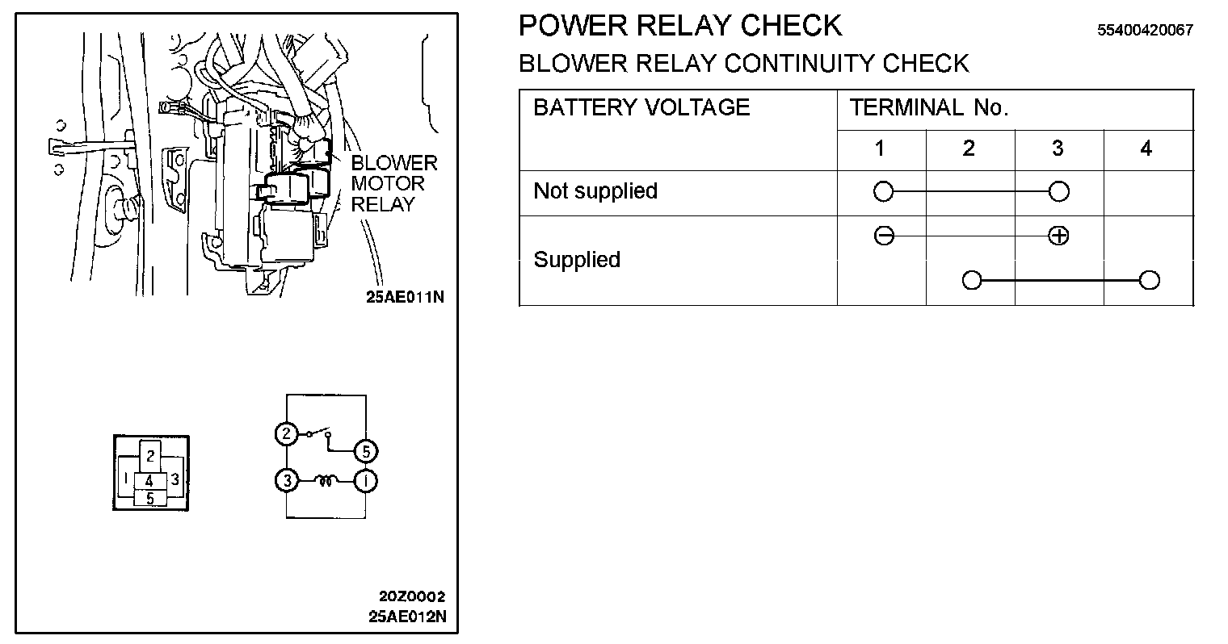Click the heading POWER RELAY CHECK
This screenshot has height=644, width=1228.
[679, 27]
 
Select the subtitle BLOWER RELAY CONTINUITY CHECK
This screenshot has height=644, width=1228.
[742, 64]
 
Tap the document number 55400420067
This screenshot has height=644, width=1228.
[1145, 31]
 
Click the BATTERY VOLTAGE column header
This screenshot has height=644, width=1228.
[641, 108]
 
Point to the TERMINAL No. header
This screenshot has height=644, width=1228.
[929, 108]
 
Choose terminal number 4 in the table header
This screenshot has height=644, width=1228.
[1146, 148]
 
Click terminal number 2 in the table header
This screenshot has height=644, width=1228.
[969, 148]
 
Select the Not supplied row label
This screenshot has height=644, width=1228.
[595, 191]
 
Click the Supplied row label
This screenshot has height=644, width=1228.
[577, 260]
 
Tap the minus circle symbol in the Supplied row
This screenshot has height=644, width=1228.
[884, 236]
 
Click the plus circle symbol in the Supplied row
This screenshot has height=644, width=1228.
[1058, 236]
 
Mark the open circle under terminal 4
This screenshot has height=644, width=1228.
[1148, 281]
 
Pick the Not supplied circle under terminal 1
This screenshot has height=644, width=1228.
[884, 191]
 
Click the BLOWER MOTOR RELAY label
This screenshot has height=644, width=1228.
[393, 184]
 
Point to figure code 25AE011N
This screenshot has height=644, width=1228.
[405, 296]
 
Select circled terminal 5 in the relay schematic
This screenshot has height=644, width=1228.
[366, 450]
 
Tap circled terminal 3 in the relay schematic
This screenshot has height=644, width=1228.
[286, 481]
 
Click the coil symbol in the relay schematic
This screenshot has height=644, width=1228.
[327, 481]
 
